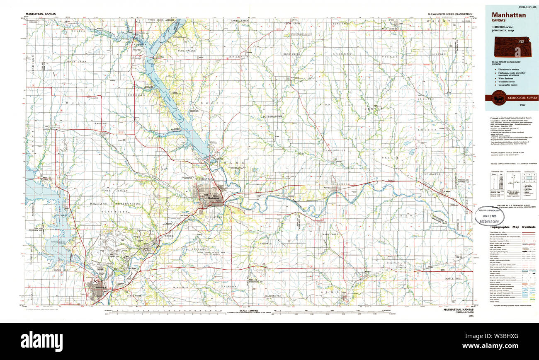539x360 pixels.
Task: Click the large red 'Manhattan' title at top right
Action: click(509, 15)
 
